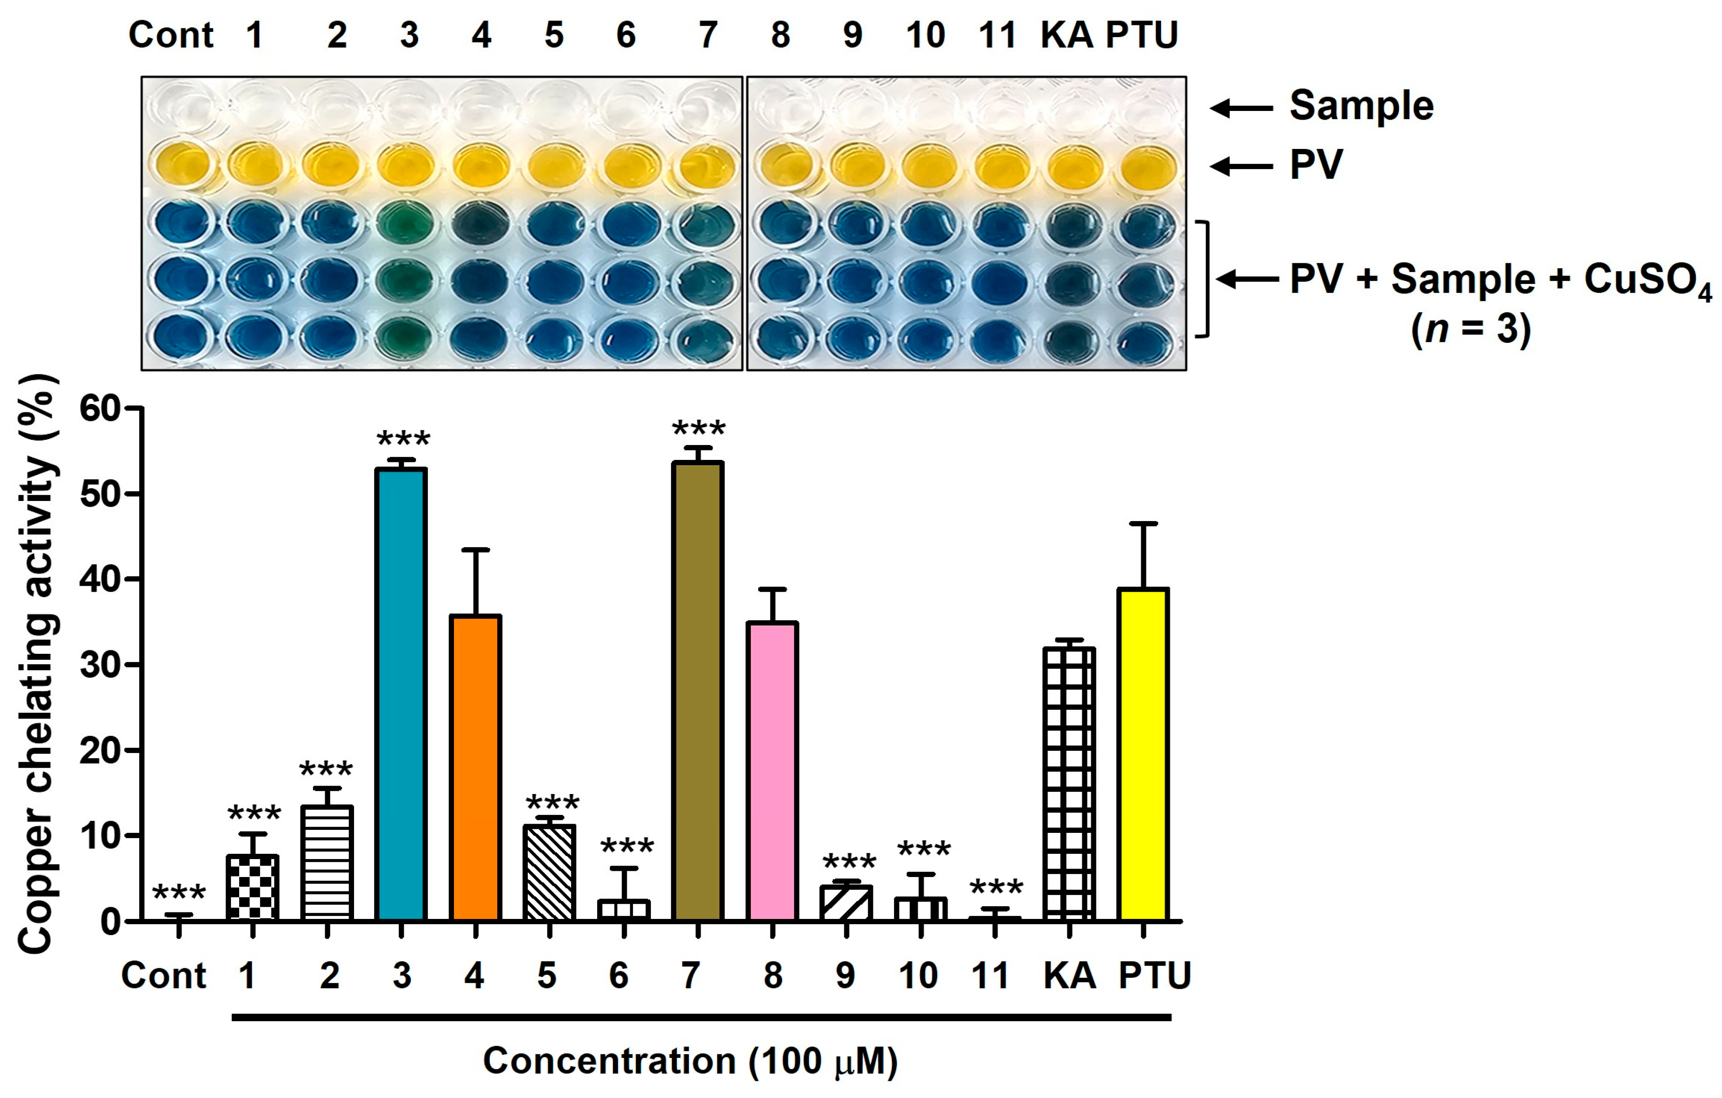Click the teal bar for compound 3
pyautogui.click(x=401, y=694)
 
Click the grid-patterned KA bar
pyautogui.click(x=1069, y=783)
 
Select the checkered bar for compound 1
pyautogui.click(x=252, y=887)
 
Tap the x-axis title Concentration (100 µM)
pyautogui.click(x=690, y=1060)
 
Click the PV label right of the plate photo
pyautogui.click(x=1316, y=165)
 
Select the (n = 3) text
pyautogui.click(x=1471, y=329)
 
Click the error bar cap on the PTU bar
pyautogui.click(x=1144, y=524)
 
